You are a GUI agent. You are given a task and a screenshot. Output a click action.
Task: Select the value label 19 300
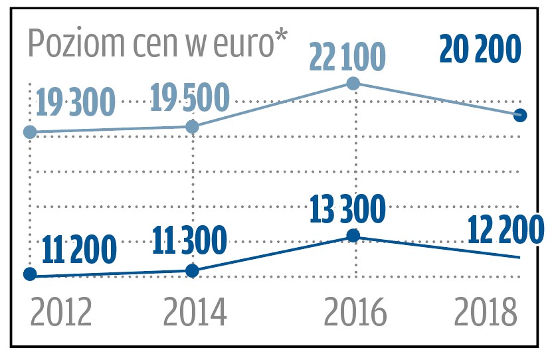tap(76, 103)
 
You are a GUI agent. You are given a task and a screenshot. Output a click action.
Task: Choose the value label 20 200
tap(481, 50)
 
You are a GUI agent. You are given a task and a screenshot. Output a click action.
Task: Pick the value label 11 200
tap(79, 250)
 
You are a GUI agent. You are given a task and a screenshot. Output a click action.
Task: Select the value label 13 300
tap(347, 211)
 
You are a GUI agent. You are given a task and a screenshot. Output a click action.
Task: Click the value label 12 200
tap(505, 231)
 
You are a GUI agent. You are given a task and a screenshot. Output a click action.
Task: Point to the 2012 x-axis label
tap(61, 312)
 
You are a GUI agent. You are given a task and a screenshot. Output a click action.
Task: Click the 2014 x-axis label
tap(195, 312)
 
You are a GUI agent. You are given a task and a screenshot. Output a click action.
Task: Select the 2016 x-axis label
tap(355, 312)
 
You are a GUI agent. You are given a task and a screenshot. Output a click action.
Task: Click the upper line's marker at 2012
tap(29, 132)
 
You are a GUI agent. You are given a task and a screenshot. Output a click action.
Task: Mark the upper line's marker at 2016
tap(354, 83)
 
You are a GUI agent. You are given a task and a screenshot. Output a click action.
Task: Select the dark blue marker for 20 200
tap(521, 115)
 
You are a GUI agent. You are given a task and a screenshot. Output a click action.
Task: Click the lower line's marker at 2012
tap(29, 274)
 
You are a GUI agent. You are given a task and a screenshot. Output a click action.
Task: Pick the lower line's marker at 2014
tap(192, 270)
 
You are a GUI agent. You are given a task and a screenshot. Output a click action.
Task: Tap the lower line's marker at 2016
tap(354, 236)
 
